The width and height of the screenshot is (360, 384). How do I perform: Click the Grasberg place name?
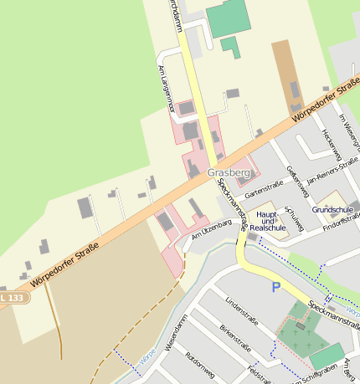click(x=229, y=172)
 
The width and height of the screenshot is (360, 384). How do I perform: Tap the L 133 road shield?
click(x=12, y=297)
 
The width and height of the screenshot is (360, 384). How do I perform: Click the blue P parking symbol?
click(x=275, y=288)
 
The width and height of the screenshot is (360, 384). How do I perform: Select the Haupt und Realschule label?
click(x=267, y=221)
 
